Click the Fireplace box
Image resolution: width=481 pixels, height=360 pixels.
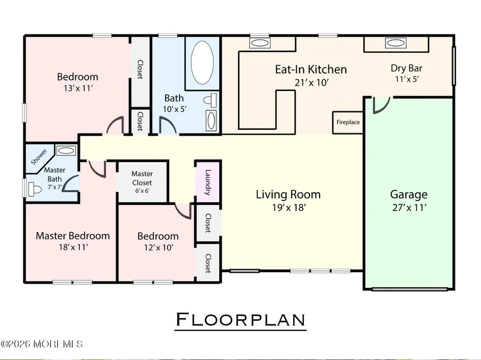348,122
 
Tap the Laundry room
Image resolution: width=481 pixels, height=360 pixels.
208,182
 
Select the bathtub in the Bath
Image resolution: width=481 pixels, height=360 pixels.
202,62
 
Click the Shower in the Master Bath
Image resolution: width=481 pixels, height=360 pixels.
39,157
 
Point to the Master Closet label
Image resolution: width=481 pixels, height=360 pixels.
142,178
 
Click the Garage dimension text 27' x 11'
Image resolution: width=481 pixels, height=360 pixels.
409,208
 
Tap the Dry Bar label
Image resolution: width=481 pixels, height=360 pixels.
406,68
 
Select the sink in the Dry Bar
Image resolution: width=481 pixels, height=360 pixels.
396,43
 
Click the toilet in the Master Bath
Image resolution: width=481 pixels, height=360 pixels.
34,190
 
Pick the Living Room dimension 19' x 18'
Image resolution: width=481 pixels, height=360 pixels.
289,208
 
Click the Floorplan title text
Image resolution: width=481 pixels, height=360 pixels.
240,320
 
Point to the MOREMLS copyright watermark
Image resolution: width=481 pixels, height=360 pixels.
42,344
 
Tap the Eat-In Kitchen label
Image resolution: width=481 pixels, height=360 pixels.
311,69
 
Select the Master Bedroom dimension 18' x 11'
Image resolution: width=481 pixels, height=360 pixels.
73,247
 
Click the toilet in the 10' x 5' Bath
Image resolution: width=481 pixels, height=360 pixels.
210,100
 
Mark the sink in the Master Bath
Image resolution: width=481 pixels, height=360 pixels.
66,151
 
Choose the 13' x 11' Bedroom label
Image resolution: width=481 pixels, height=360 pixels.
78,76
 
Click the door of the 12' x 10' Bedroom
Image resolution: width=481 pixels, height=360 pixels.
184,211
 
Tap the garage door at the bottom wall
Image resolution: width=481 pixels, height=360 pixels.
409,289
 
